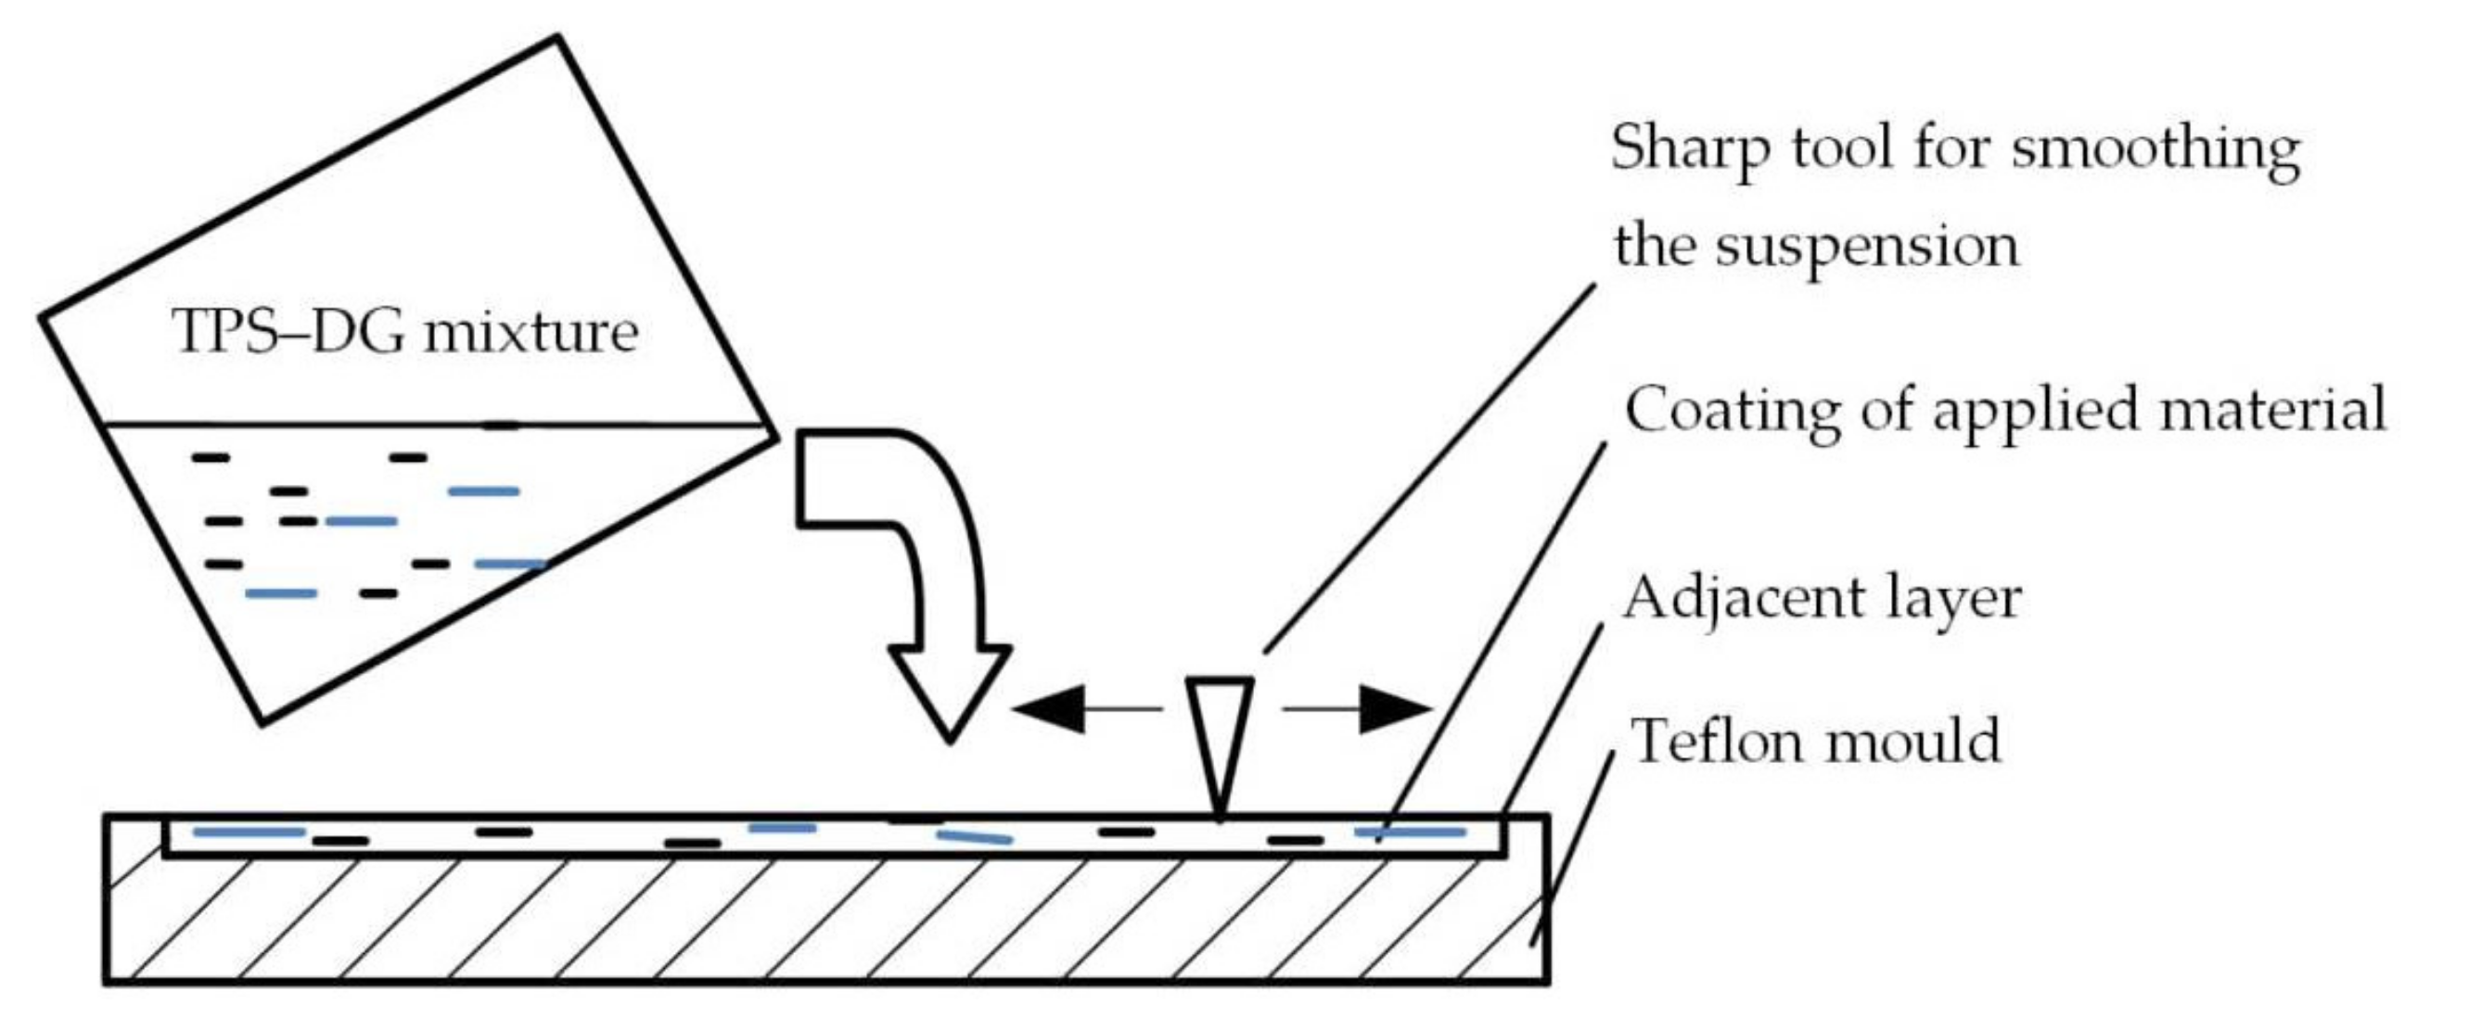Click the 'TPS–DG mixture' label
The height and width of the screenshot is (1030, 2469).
click(405, 333)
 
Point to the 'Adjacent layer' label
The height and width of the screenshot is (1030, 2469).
click(1821, 598)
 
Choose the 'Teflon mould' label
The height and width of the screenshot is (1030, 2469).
click(1816, 741)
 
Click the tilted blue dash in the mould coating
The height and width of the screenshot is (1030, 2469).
click(974, 837)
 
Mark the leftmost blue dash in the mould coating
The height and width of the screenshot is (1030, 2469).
click(249, 832)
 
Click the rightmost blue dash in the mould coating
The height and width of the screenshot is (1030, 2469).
click(1410, 832)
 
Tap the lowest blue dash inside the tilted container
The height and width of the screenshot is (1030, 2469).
click(281, 593)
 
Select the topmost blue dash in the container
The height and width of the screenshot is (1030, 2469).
click(484, 491)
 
